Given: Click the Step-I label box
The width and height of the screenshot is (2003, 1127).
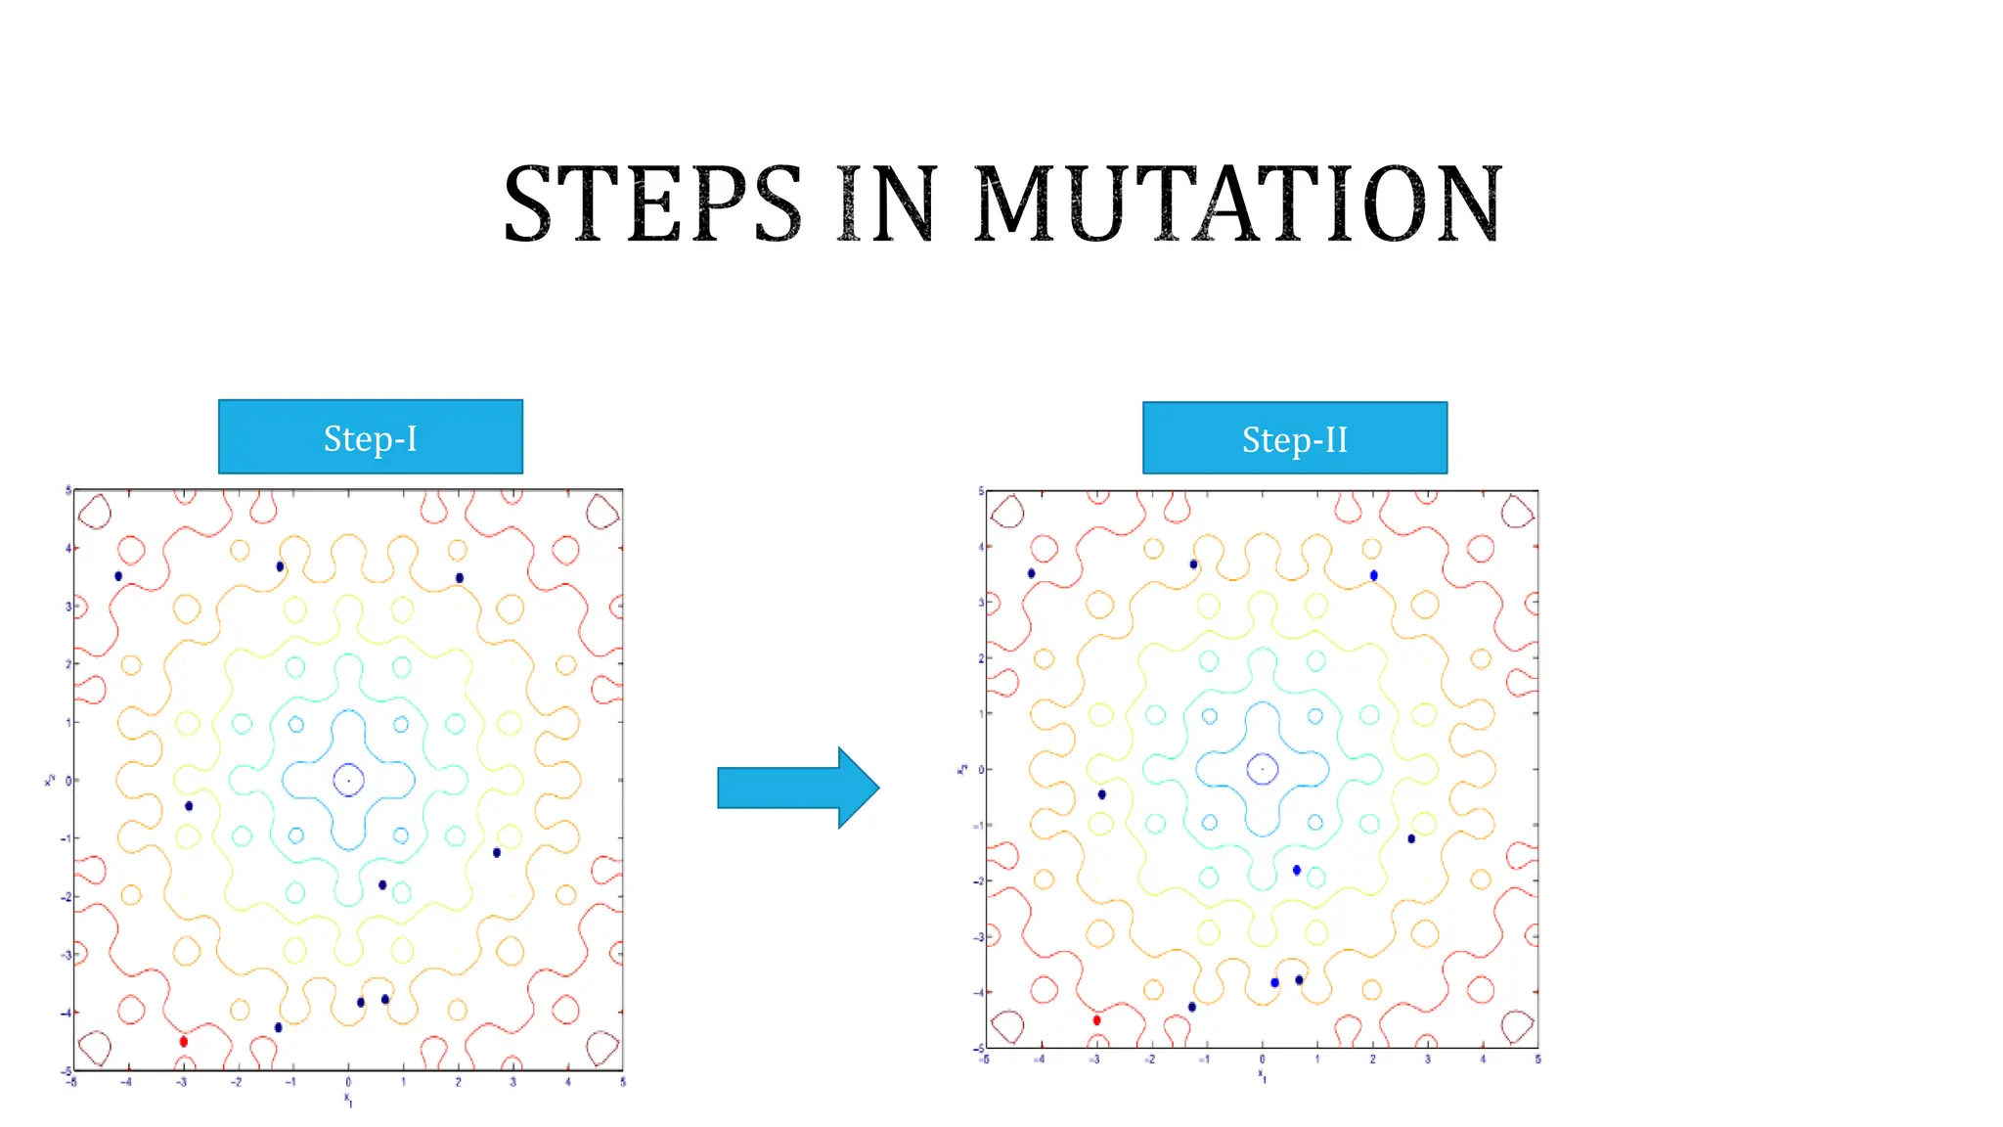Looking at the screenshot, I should pyautogui.click(x=370, y=437).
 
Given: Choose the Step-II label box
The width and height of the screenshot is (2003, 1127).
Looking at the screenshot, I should pyautogui.click(x=1294, y=438).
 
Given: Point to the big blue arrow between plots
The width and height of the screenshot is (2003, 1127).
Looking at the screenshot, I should pyautogui.click(x=797, y=788).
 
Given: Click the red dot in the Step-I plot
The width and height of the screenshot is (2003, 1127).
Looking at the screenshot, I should pyautogui.click(x=184, y=1041).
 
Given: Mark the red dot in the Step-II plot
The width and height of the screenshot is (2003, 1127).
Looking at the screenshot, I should pyautogui.click(x=1096, y=1019).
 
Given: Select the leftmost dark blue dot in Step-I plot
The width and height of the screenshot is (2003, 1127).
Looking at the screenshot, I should pyautogui.click(x=118, y=576).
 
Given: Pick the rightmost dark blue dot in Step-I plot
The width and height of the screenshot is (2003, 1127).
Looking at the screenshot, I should pyautogui.click(x=497, y=852).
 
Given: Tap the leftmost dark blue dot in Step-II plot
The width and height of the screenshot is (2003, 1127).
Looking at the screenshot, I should pyautogui.click(x=1031, y=573).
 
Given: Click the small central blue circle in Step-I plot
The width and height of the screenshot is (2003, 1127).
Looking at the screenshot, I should pyautogui.click(x=348, y=780).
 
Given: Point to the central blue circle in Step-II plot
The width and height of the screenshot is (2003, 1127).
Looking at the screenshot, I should pyautogui.click(x=1262, y=769).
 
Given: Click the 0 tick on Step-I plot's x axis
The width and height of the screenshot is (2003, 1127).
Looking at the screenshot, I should pyautogui.click(x=348, y=1082).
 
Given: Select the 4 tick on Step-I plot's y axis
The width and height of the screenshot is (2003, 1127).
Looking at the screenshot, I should pyautogui.click(x=67, y=548).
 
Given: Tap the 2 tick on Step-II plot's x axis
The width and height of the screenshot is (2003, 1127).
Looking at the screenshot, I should pyautogui.click(x=1372, y=1059).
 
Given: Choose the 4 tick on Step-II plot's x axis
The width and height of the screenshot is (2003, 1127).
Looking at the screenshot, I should pyautogui.click(x=1483, y=1059).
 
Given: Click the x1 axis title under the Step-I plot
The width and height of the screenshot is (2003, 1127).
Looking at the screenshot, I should pyautogui.click(x=348, y=1100).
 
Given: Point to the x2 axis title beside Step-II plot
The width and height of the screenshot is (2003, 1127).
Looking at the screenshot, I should pyautogui.click(x=962, y=769).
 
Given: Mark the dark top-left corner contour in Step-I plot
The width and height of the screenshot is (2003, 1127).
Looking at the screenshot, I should pyautogui.click(x=94, y=511).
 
